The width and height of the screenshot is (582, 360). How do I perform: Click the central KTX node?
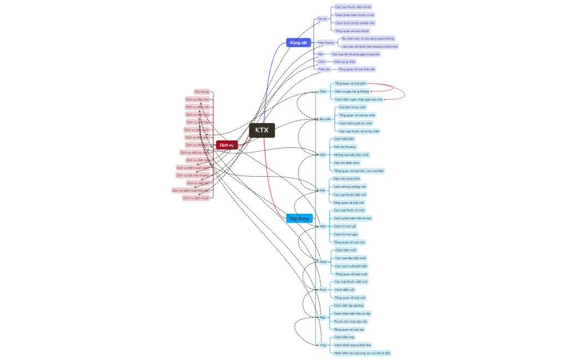(262, 130)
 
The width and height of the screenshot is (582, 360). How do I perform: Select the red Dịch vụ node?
(226, 145)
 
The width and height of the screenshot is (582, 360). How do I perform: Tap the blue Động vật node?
(298, 43)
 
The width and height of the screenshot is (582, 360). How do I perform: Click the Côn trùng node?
(299, 218)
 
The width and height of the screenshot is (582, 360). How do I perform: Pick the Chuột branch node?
(323, 19)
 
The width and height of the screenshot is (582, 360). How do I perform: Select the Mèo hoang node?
(326, 43)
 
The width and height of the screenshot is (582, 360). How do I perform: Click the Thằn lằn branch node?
(324, 69)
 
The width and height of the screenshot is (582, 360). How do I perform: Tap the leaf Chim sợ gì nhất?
(344, 62)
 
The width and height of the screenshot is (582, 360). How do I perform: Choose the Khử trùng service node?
(202, 91)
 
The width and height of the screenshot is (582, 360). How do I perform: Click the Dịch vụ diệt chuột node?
(197, 198)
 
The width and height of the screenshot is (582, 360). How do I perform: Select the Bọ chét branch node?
(325, 119)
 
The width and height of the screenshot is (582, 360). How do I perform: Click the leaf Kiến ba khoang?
(345, 147)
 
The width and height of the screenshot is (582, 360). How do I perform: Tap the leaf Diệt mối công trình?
(346, 179)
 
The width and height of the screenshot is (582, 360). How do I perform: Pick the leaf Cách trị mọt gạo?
(346, 234)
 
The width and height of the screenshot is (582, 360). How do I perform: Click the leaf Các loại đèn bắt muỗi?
(350, 258)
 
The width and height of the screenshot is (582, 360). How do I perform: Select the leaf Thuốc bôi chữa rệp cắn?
(350, 321)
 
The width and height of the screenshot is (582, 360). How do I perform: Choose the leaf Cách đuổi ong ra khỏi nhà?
(353, 345)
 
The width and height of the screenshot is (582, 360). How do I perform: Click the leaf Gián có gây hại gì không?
(351, 91)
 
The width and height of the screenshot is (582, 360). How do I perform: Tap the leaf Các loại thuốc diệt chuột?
(353, 7)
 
